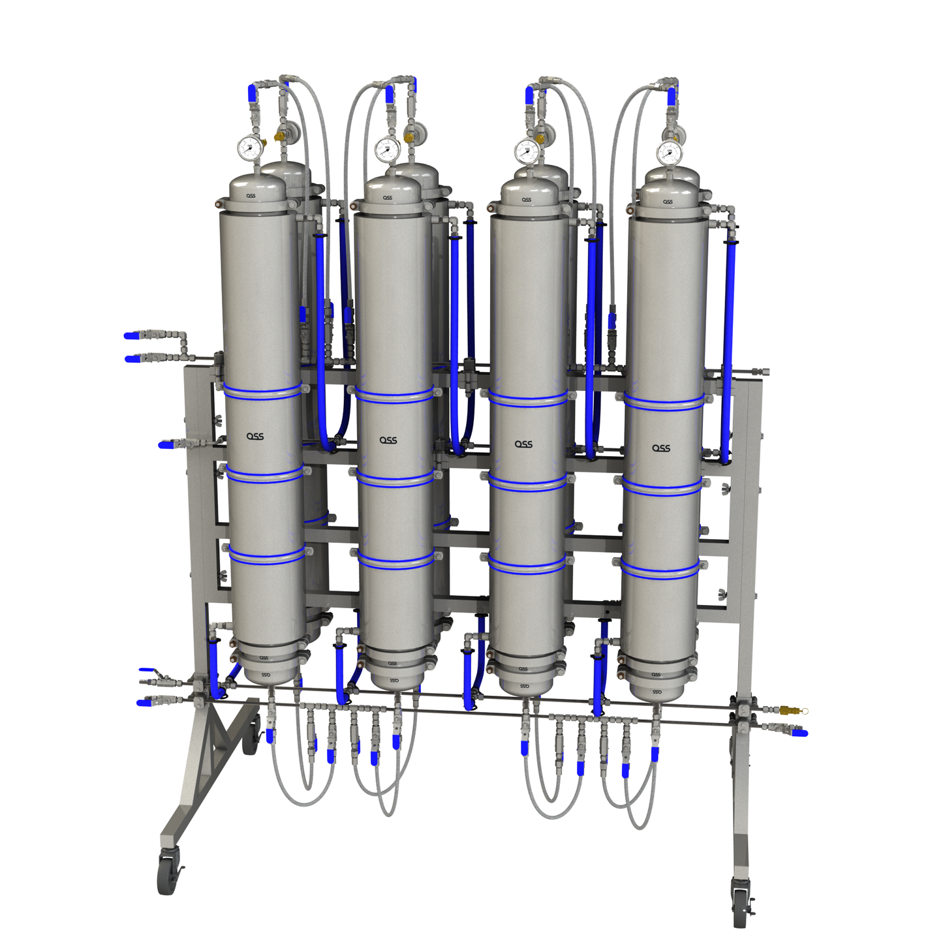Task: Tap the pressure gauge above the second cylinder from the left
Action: point(387,149)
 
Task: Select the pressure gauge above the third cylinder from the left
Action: point(527,152)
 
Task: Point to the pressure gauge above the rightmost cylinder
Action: point(669,153)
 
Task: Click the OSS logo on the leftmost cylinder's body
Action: point(255,436)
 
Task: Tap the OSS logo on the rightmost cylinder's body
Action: point(661,448)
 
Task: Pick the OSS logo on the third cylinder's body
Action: point(523,444)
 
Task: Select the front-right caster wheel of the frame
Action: point(740,908)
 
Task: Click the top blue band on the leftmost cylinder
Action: point(262,392)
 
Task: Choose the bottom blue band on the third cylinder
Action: point(527,565)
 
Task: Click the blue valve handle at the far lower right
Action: point(800,733)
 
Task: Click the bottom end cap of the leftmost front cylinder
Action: point(265,672)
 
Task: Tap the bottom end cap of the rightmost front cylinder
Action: point(657,688)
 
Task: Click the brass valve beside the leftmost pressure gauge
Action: point(279,136)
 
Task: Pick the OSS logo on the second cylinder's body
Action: point(388,440)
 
